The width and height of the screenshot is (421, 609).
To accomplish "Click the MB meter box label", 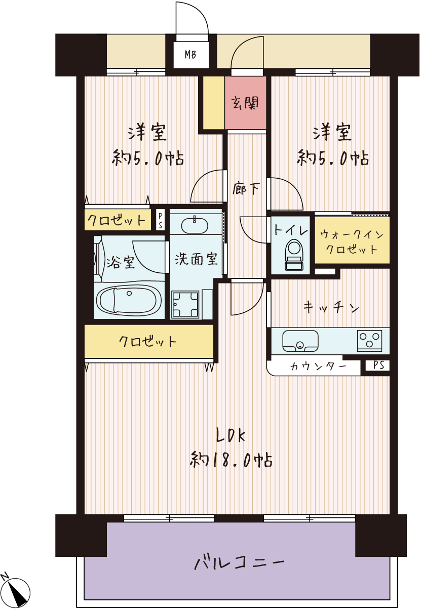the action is [x=190, y=55].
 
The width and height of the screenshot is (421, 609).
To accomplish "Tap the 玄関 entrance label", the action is [x=245, y=103].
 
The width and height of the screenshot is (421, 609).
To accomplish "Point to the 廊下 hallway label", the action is [x=246, y=188].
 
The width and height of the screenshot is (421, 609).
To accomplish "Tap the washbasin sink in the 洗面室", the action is [x=195, y=225].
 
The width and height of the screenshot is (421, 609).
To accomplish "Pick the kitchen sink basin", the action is [x=300, y=341].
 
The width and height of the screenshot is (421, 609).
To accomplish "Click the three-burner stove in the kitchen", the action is [x=369, y=340].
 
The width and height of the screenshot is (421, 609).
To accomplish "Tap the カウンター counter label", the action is [x=318, y=367].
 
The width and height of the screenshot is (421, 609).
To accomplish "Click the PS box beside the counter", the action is [x=377, y=365].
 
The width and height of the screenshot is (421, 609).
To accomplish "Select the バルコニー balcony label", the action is [x=240, y=562].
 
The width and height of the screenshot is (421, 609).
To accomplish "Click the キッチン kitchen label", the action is [x=331, y=307].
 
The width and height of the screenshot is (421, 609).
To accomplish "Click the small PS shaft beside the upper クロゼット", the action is [x=160, y=221].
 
